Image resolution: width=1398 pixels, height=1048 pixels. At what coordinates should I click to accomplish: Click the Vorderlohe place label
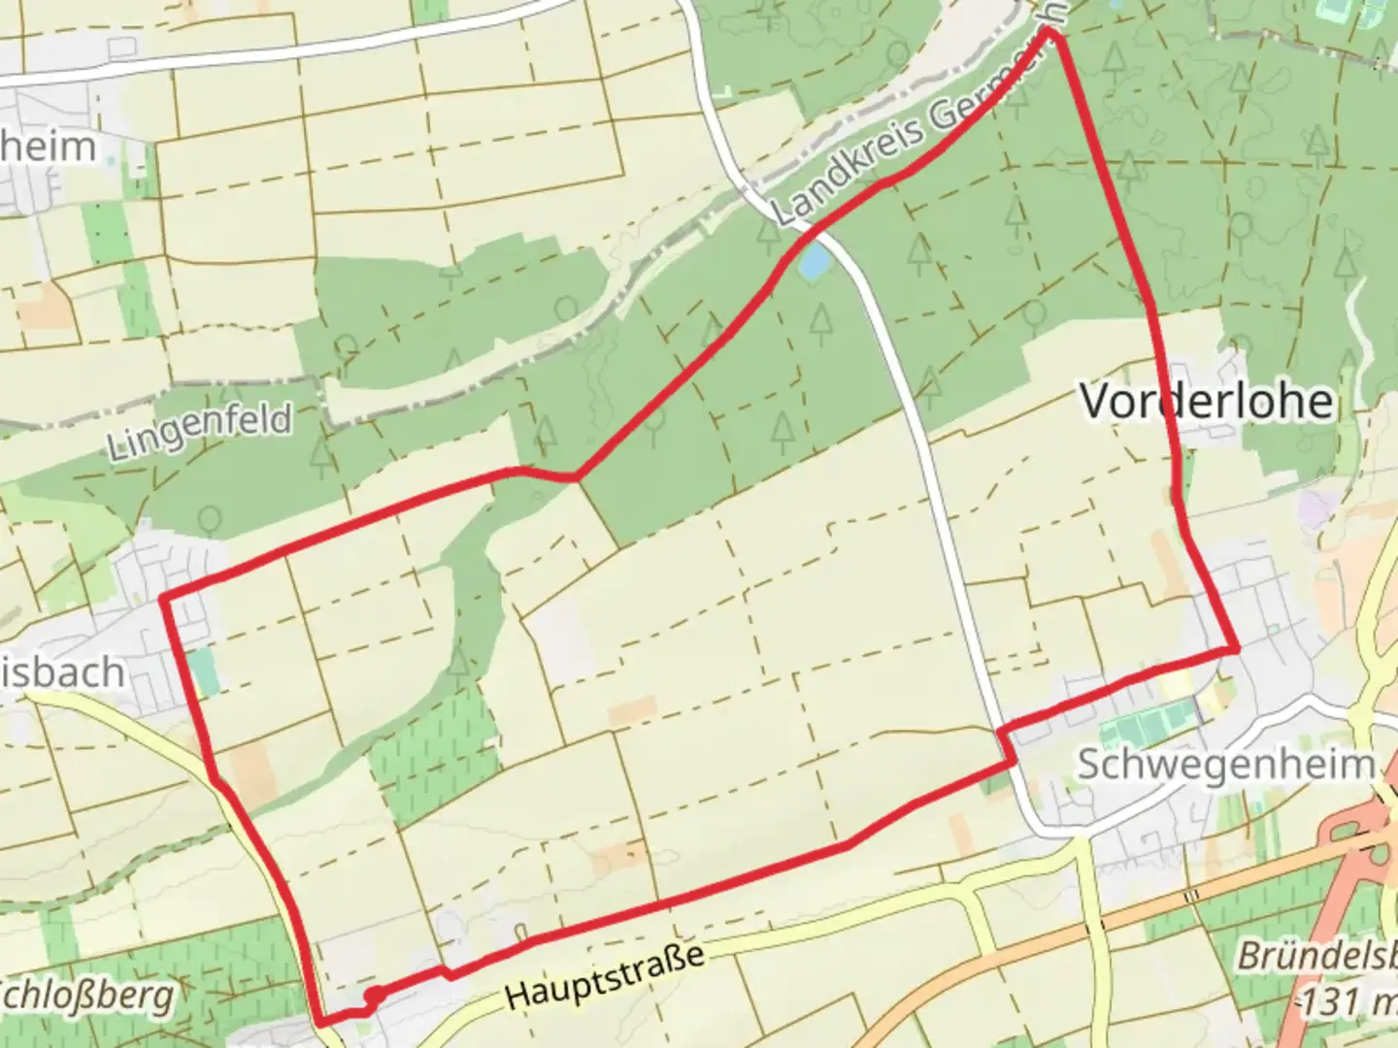[1207, 401]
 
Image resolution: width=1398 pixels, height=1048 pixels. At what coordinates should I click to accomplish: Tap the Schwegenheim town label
[1226, 765]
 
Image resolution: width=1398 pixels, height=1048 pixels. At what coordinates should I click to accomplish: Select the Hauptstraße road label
[604, 975]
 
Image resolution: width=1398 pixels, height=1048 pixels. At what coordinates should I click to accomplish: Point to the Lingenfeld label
[199, 432]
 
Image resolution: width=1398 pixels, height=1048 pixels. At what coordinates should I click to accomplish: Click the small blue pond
[814, 260]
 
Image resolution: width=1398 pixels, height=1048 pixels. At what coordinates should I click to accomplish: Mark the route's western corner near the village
[163, 597]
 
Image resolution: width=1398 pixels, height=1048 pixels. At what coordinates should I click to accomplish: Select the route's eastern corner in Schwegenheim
[1235, 647]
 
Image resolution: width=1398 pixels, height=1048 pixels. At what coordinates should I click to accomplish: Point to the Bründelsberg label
[1317, 956]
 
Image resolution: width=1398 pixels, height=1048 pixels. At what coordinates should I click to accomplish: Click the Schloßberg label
[87, 996]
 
